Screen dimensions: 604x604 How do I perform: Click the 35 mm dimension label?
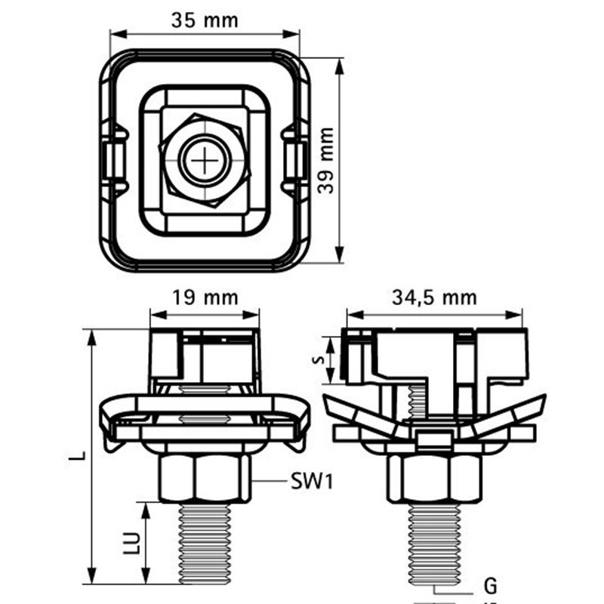(x=204, y=20)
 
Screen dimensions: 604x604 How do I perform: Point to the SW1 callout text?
(x=311, y=480)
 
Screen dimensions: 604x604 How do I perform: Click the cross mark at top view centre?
(x=205, y=161)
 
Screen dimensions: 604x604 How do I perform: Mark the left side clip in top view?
(x=113, y=159)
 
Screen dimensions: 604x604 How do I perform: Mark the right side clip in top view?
(x=295, y=159)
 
